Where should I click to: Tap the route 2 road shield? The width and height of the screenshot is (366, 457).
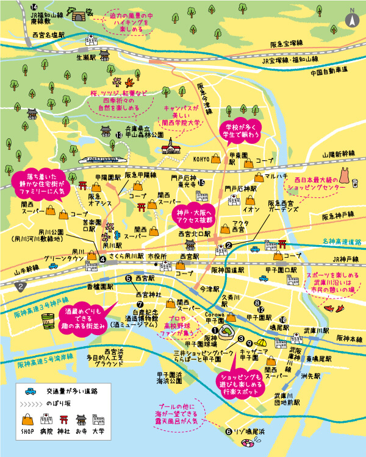23,285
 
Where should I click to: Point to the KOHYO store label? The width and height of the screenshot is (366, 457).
202,158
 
